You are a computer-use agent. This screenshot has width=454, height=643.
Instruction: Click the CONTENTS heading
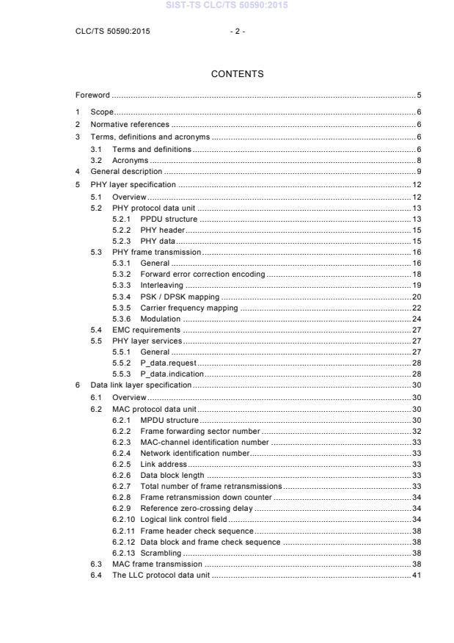[237, 74]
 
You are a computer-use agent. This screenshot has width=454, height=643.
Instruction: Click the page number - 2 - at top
[236, 32]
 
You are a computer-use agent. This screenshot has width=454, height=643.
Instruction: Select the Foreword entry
[92, 95]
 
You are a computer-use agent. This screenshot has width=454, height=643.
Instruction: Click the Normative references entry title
[129, 125]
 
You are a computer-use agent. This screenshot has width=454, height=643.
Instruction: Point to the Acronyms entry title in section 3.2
[130, 160]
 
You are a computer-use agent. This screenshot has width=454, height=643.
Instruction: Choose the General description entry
[126, 172]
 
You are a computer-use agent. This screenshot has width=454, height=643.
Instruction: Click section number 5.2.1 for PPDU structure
[122, 219]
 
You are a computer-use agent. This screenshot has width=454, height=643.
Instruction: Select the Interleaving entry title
[161, 285]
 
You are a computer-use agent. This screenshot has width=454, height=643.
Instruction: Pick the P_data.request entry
[168, 363]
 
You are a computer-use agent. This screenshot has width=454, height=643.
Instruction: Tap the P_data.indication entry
[172, 374]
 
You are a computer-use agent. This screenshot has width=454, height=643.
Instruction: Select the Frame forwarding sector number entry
[199, 431]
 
